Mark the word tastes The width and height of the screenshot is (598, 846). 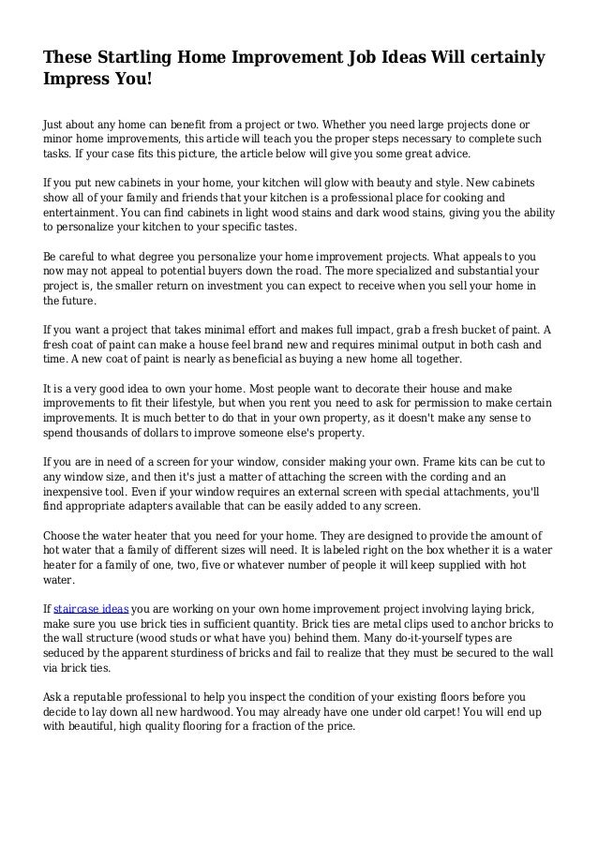point(277,228)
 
